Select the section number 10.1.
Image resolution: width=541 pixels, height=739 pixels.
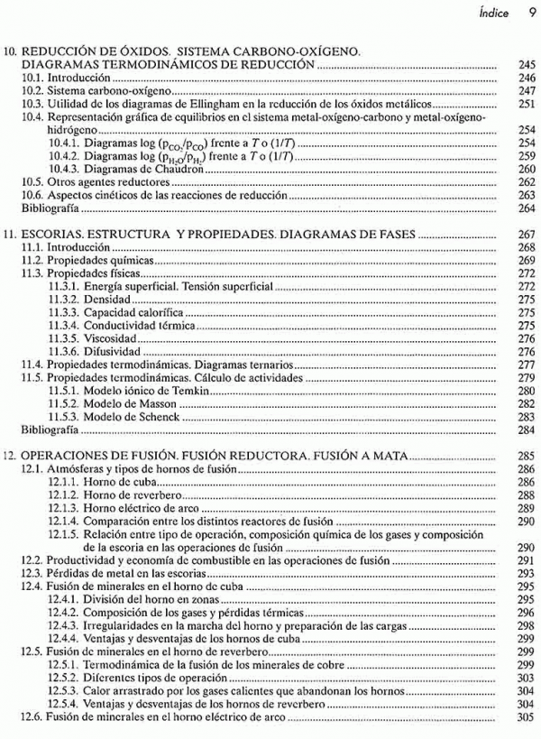point(32,79)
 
